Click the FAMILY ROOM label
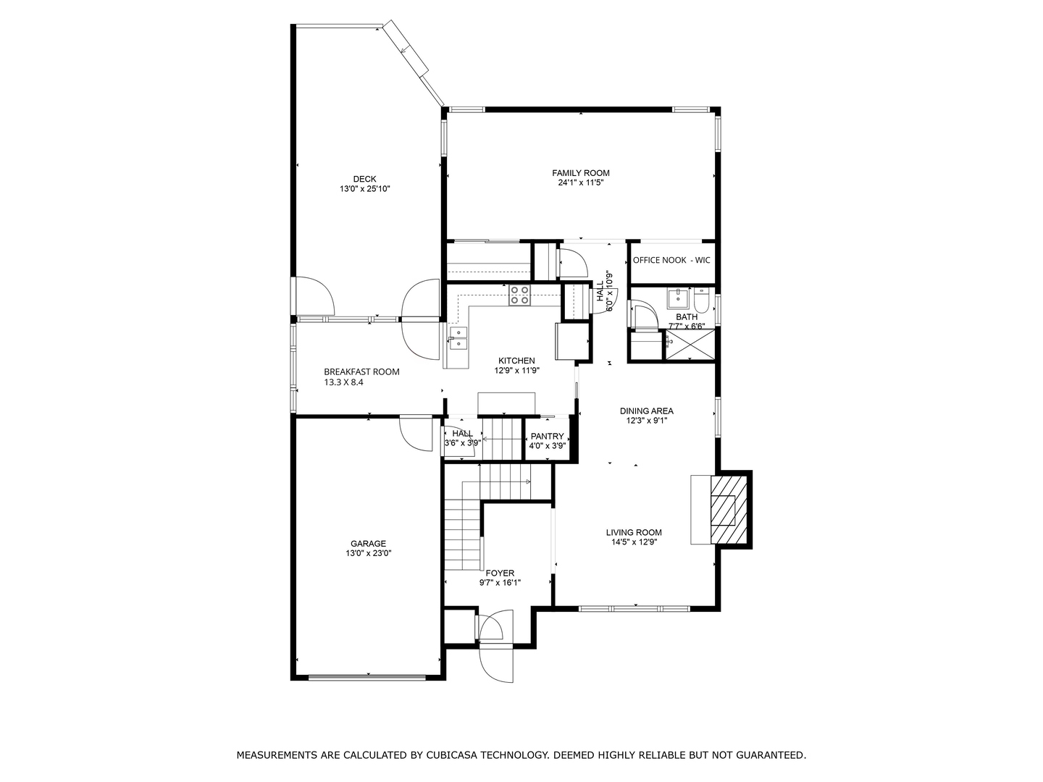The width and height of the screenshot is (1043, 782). (580, 173)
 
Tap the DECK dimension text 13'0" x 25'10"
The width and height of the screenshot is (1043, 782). (364, 189)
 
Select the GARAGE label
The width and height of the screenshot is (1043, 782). (368, 544)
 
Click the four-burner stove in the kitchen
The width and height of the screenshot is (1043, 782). (520, 295)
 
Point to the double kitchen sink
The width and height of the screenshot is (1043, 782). (458, 339)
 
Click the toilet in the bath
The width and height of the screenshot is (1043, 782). (701, 300)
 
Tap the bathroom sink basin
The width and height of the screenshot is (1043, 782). (678, 298)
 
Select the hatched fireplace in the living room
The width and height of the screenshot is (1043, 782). (729, 510)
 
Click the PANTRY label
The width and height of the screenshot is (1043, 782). (547, 437)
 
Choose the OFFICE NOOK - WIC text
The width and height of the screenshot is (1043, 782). (671, 260)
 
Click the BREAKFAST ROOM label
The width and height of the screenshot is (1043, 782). (361, 371)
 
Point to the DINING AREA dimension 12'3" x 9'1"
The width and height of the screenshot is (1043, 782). (647, 420)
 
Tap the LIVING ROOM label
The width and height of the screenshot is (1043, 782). (634, 533)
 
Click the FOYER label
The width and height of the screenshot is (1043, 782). (500, 573)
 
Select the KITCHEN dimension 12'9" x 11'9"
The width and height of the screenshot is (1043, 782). (517, 370)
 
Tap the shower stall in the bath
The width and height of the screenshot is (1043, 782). (689, 344)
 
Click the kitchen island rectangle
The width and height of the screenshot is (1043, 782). (506, 403)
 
